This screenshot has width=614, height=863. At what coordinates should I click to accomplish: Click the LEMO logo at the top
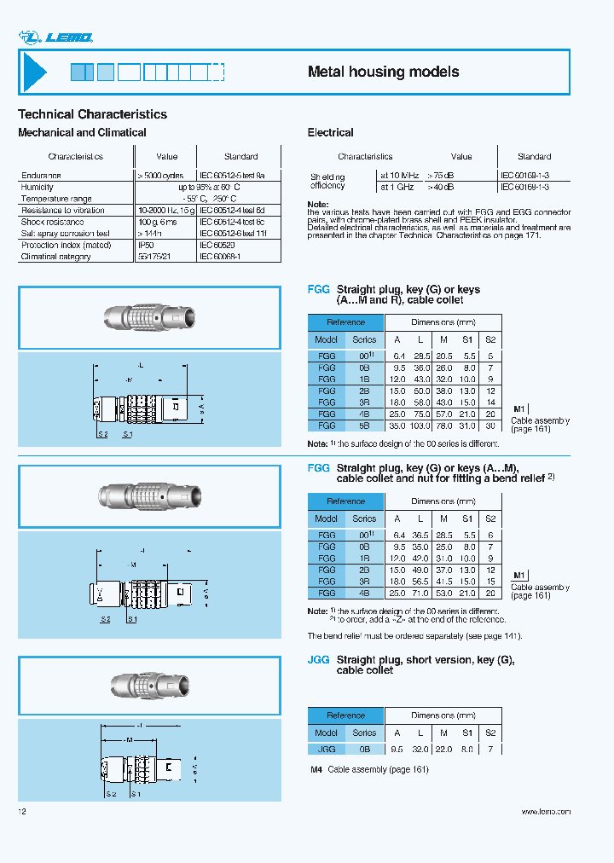click(55, 37)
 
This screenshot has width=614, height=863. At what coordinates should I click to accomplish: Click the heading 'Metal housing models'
click(383, 72)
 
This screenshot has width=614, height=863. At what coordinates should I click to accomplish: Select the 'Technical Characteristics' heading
click(92, 114)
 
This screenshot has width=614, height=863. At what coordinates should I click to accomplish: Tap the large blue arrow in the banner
click(35, 72)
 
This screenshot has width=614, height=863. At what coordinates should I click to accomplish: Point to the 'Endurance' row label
click(41, 176)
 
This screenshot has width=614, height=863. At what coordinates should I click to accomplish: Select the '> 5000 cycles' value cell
click(165, 176)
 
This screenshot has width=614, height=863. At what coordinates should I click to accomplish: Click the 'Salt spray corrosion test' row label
click(66, 233)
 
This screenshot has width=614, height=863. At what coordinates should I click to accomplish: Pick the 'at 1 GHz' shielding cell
click(397, 186)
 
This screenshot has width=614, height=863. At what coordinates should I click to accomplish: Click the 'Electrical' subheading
click(330, 132)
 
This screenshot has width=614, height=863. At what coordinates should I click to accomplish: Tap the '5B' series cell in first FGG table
click(364, 425)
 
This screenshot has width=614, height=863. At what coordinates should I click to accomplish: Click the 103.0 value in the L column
click(420, 425)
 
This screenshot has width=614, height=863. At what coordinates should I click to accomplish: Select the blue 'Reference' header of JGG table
click(346, 715)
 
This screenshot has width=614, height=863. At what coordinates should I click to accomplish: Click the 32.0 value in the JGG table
click(420, 749)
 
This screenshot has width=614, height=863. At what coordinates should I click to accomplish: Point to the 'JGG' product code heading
click(318, 660)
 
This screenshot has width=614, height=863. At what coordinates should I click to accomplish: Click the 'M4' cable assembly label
click(316, 769)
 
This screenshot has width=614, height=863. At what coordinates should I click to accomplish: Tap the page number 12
click(22, 812)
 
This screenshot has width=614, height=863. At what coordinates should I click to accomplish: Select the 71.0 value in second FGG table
click(420, 592)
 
